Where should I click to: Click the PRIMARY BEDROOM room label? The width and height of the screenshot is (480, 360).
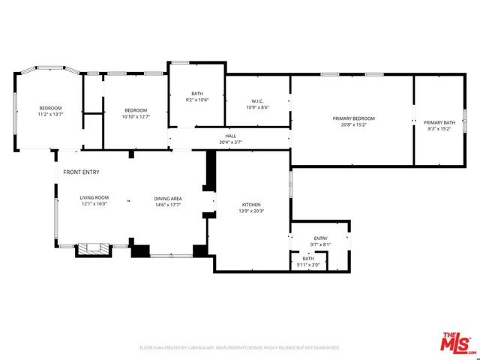point(353,118)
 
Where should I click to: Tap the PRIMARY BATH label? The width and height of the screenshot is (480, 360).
point(439,122)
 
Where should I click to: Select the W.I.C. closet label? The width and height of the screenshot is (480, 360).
point(257,101)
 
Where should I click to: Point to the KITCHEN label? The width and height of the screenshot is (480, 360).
point(250,205)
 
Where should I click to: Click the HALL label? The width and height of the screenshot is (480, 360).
point(230,136)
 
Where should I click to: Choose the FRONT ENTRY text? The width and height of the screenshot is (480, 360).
point(81,172)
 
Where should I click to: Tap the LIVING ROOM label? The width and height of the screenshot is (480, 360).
point(94,198)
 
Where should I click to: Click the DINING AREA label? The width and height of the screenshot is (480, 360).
point(168,198)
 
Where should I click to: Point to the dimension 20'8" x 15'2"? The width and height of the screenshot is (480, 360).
point(353,125)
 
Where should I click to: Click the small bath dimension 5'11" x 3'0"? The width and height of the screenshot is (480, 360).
point(308,265)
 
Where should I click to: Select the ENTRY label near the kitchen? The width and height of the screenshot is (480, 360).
point(320,238)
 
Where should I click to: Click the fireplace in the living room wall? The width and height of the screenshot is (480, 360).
point(94,250)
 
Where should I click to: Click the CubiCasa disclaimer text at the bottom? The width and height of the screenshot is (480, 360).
point(239,348)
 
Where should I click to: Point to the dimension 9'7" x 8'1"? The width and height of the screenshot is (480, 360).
point(320,244)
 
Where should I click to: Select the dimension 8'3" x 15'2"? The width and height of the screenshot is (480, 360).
point(439,129)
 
